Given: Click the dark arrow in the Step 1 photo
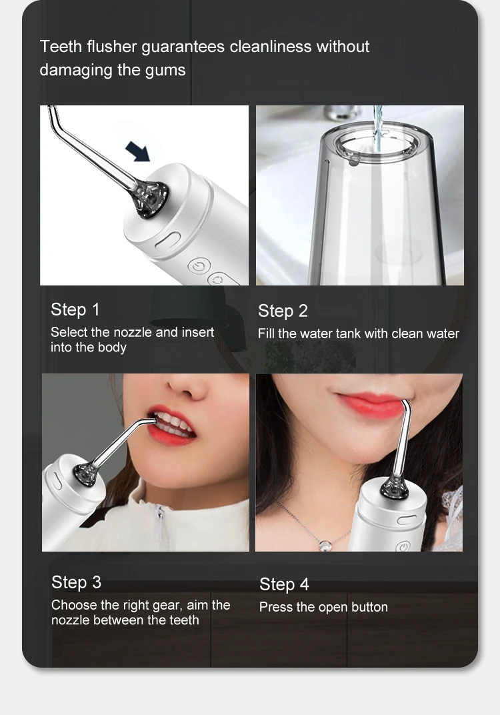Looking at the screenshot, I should tap(139, 151).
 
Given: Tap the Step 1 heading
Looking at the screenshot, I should tap(75, 309).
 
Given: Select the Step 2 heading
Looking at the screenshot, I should tap(283, 311).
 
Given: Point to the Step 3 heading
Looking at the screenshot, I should tap(76, 582).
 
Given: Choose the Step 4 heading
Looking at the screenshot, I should tap(284, 584).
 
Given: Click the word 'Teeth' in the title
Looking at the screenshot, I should tap(61, 47).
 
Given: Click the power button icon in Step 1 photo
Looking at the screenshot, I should tap(197, 267).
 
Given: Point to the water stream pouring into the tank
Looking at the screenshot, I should tap(378, 127).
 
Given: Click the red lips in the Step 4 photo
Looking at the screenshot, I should tap(371, 404).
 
